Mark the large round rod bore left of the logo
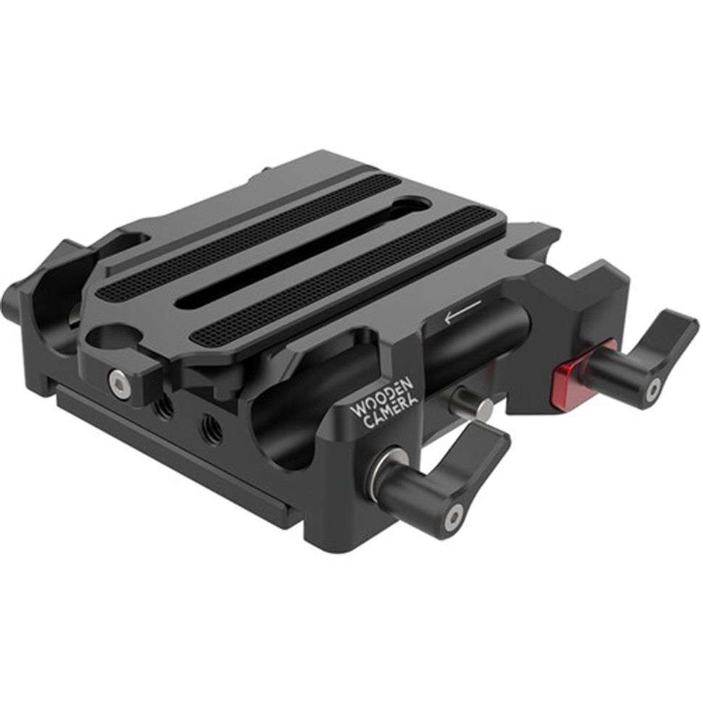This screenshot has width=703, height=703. point(279,428)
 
